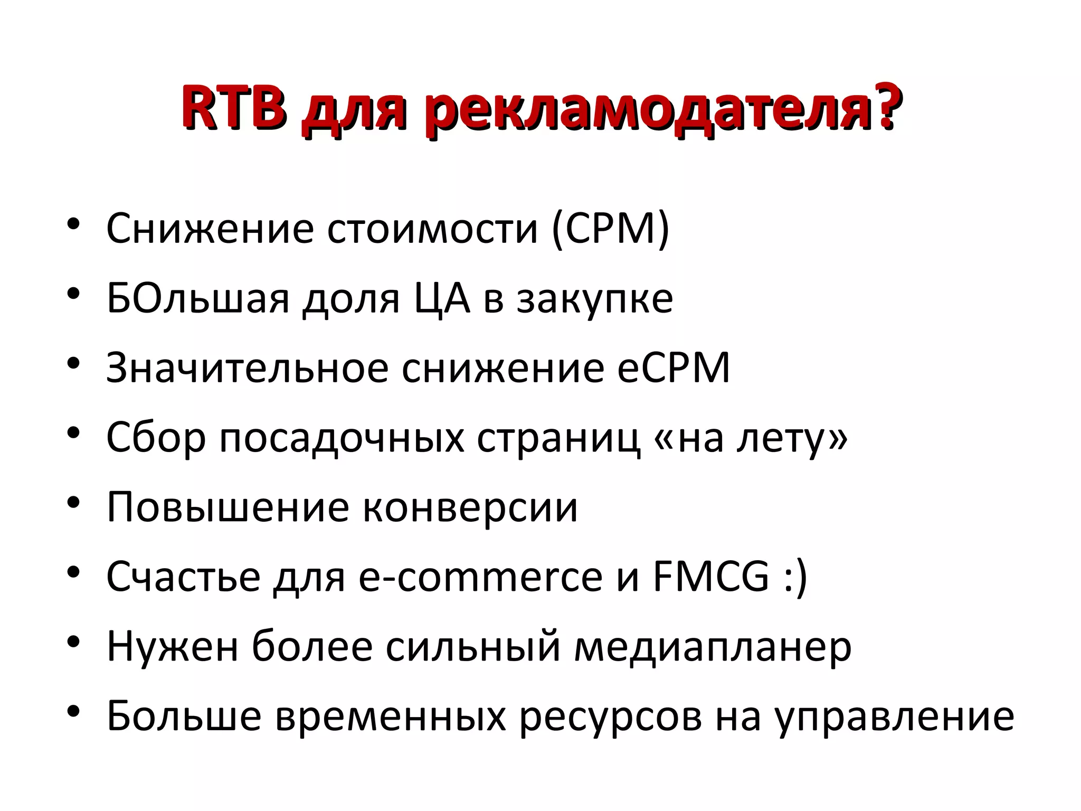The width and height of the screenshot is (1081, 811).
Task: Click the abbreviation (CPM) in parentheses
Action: (610, 229)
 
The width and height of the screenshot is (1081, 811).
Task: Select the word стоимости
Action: (432, 229)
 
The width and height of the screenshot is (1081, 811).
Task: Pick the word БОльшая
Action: (198, 298)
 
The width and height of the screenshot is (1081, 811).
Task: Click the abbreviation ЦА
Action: (441, 299)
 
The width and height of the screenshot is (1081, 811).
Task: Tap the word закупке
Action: (594, 299)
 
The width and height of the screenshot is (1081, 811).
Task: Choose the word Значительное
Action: (247, 368)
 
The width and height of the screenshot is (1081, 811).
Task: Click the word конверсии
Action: (470, 507)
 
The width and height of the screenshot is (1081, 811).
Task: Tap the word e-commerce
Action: (480, 577)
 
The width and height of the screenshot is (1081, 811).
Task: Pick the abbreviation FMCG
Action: (710, 577)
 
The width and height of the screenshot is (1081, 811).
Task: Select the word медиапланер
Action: (712, 647)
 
